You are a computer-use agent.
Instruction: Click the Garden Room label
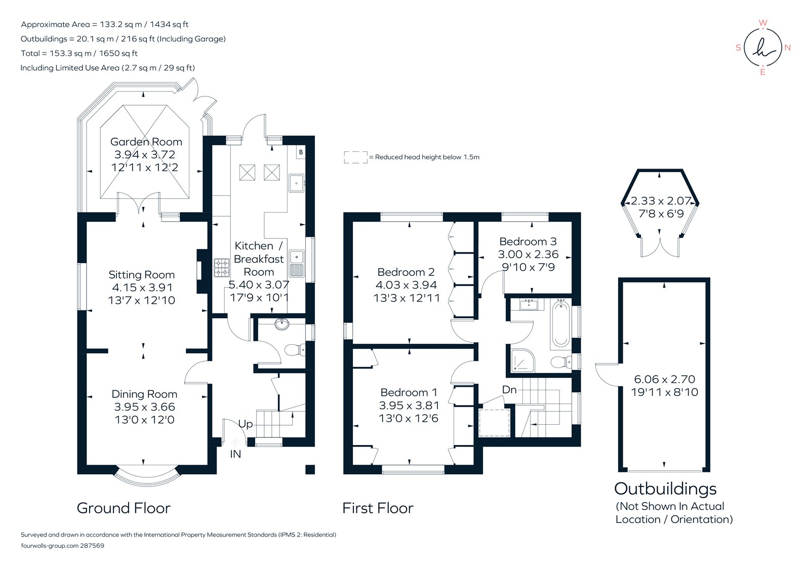coord(146,142)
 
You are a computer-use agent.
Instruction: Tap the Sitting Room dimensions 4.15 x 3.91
coord(142,287)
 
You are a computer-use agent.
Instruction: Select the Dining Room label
coord(144,394)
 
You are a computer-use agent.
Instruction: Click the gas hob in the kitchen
coord(222,268)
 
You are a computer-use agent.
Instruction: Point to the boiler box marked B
coord(301,152)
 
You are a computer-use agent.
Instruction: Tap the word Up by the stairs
coord(246,424)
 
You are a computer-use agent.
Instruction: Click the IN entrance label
coord(235,454)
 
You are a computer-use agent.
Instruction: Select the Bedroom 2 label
coord(406,272)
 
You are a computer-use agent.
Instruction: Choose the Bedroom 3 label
coord(528,241)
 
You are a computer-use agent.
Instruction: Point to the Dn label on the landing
coord(509,389)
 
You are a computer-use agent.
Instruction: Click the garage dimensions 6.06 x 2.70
coord(664,379)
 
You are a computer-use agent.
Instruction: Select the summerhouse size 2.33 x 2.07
coord(661,201)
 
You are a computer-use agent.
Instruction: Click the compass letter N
coord(787,48)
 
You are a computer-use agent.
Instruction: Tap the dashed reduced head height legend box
coord(355,157)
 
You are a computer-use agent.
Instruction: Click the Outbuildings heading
coord(665,488)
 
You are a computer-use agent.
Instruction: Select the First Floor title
coord(378,508)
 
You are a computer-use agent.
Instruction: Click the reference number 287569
coord(92,546)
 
